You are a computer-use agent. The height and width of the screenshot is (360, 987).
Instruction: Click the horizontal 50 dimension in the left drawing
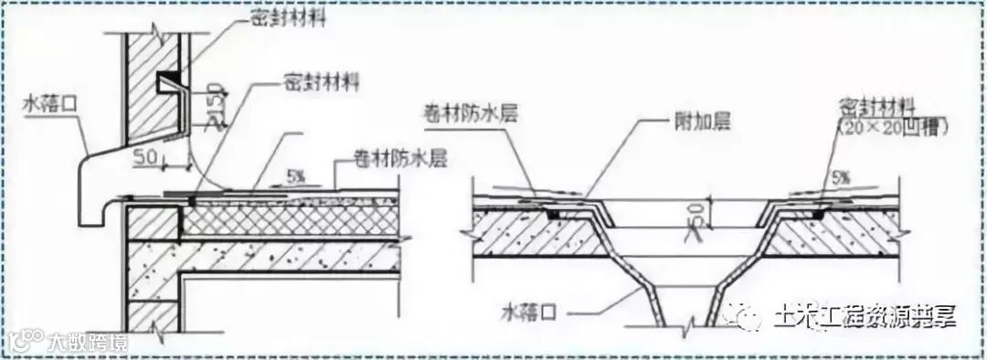[143, 160]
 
